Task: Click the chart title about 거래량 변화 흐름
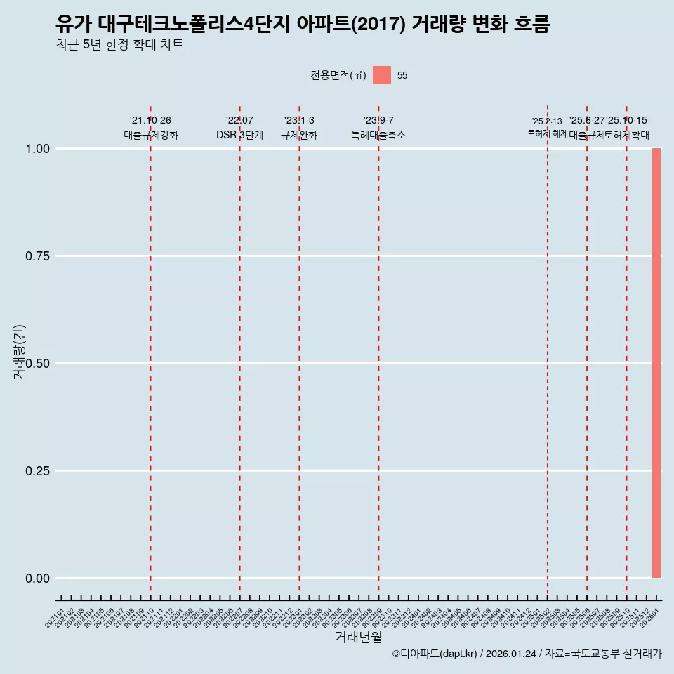point(303,25)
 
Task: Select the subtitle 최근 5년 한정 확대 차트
point(119,46)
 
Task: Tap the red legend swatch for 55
point(381,75)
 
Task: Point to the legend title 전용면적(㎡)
point(338,75)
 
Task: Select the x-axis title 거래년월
point(358,637)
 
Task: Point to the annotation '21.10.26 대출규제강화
point(150,128)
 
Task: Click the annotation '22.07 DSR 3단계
point(239,128)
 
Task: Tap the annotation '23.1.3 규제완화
point(299,128)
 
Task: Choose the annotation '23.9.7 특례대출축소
point(378,128)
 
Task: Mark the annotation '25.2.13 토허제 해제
point(547,128)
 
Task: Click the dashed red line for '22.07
point(239,351)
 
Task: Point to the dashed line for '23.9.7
point(378,351)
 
